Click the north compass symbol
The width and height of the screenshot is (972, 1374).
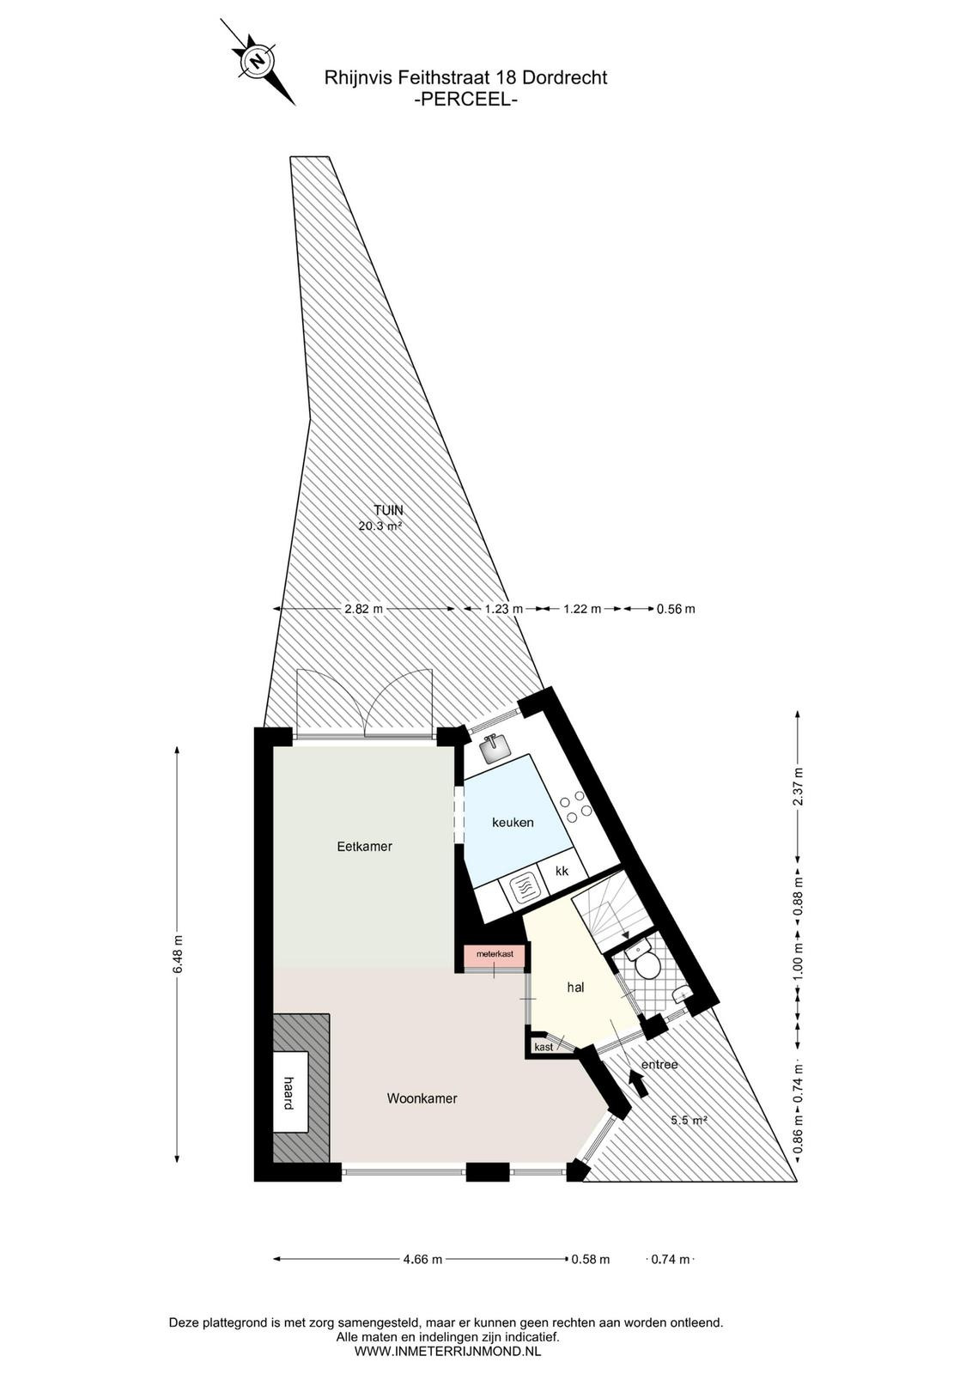(x=258, y=61)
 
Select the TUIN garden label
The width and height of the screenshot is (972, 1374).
(x=389, y=510)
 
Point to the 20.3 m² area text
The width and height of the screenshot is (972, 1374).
(x=380, y=525)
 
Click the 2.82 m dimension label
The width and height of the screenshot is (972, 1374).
(x=363, y=609)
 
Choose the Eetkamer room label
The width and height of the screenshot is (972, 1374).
(x=364, y=847)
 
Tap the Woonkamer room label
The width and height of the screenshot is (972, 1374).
(x=422, y=1098)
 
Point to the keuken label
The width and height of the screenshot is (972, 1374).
(x=513, y=823)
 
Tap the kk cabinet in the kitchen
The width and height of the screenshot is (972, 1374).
(x=561, y=872)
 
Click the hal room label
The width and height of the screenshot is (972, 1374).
(x=574, y=988)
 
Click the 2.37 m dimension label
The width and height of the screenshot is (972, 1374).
(x=798, y=787)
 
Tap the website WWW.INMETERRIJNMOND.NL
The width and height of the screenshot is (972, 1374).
(x=447, y=1351)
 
